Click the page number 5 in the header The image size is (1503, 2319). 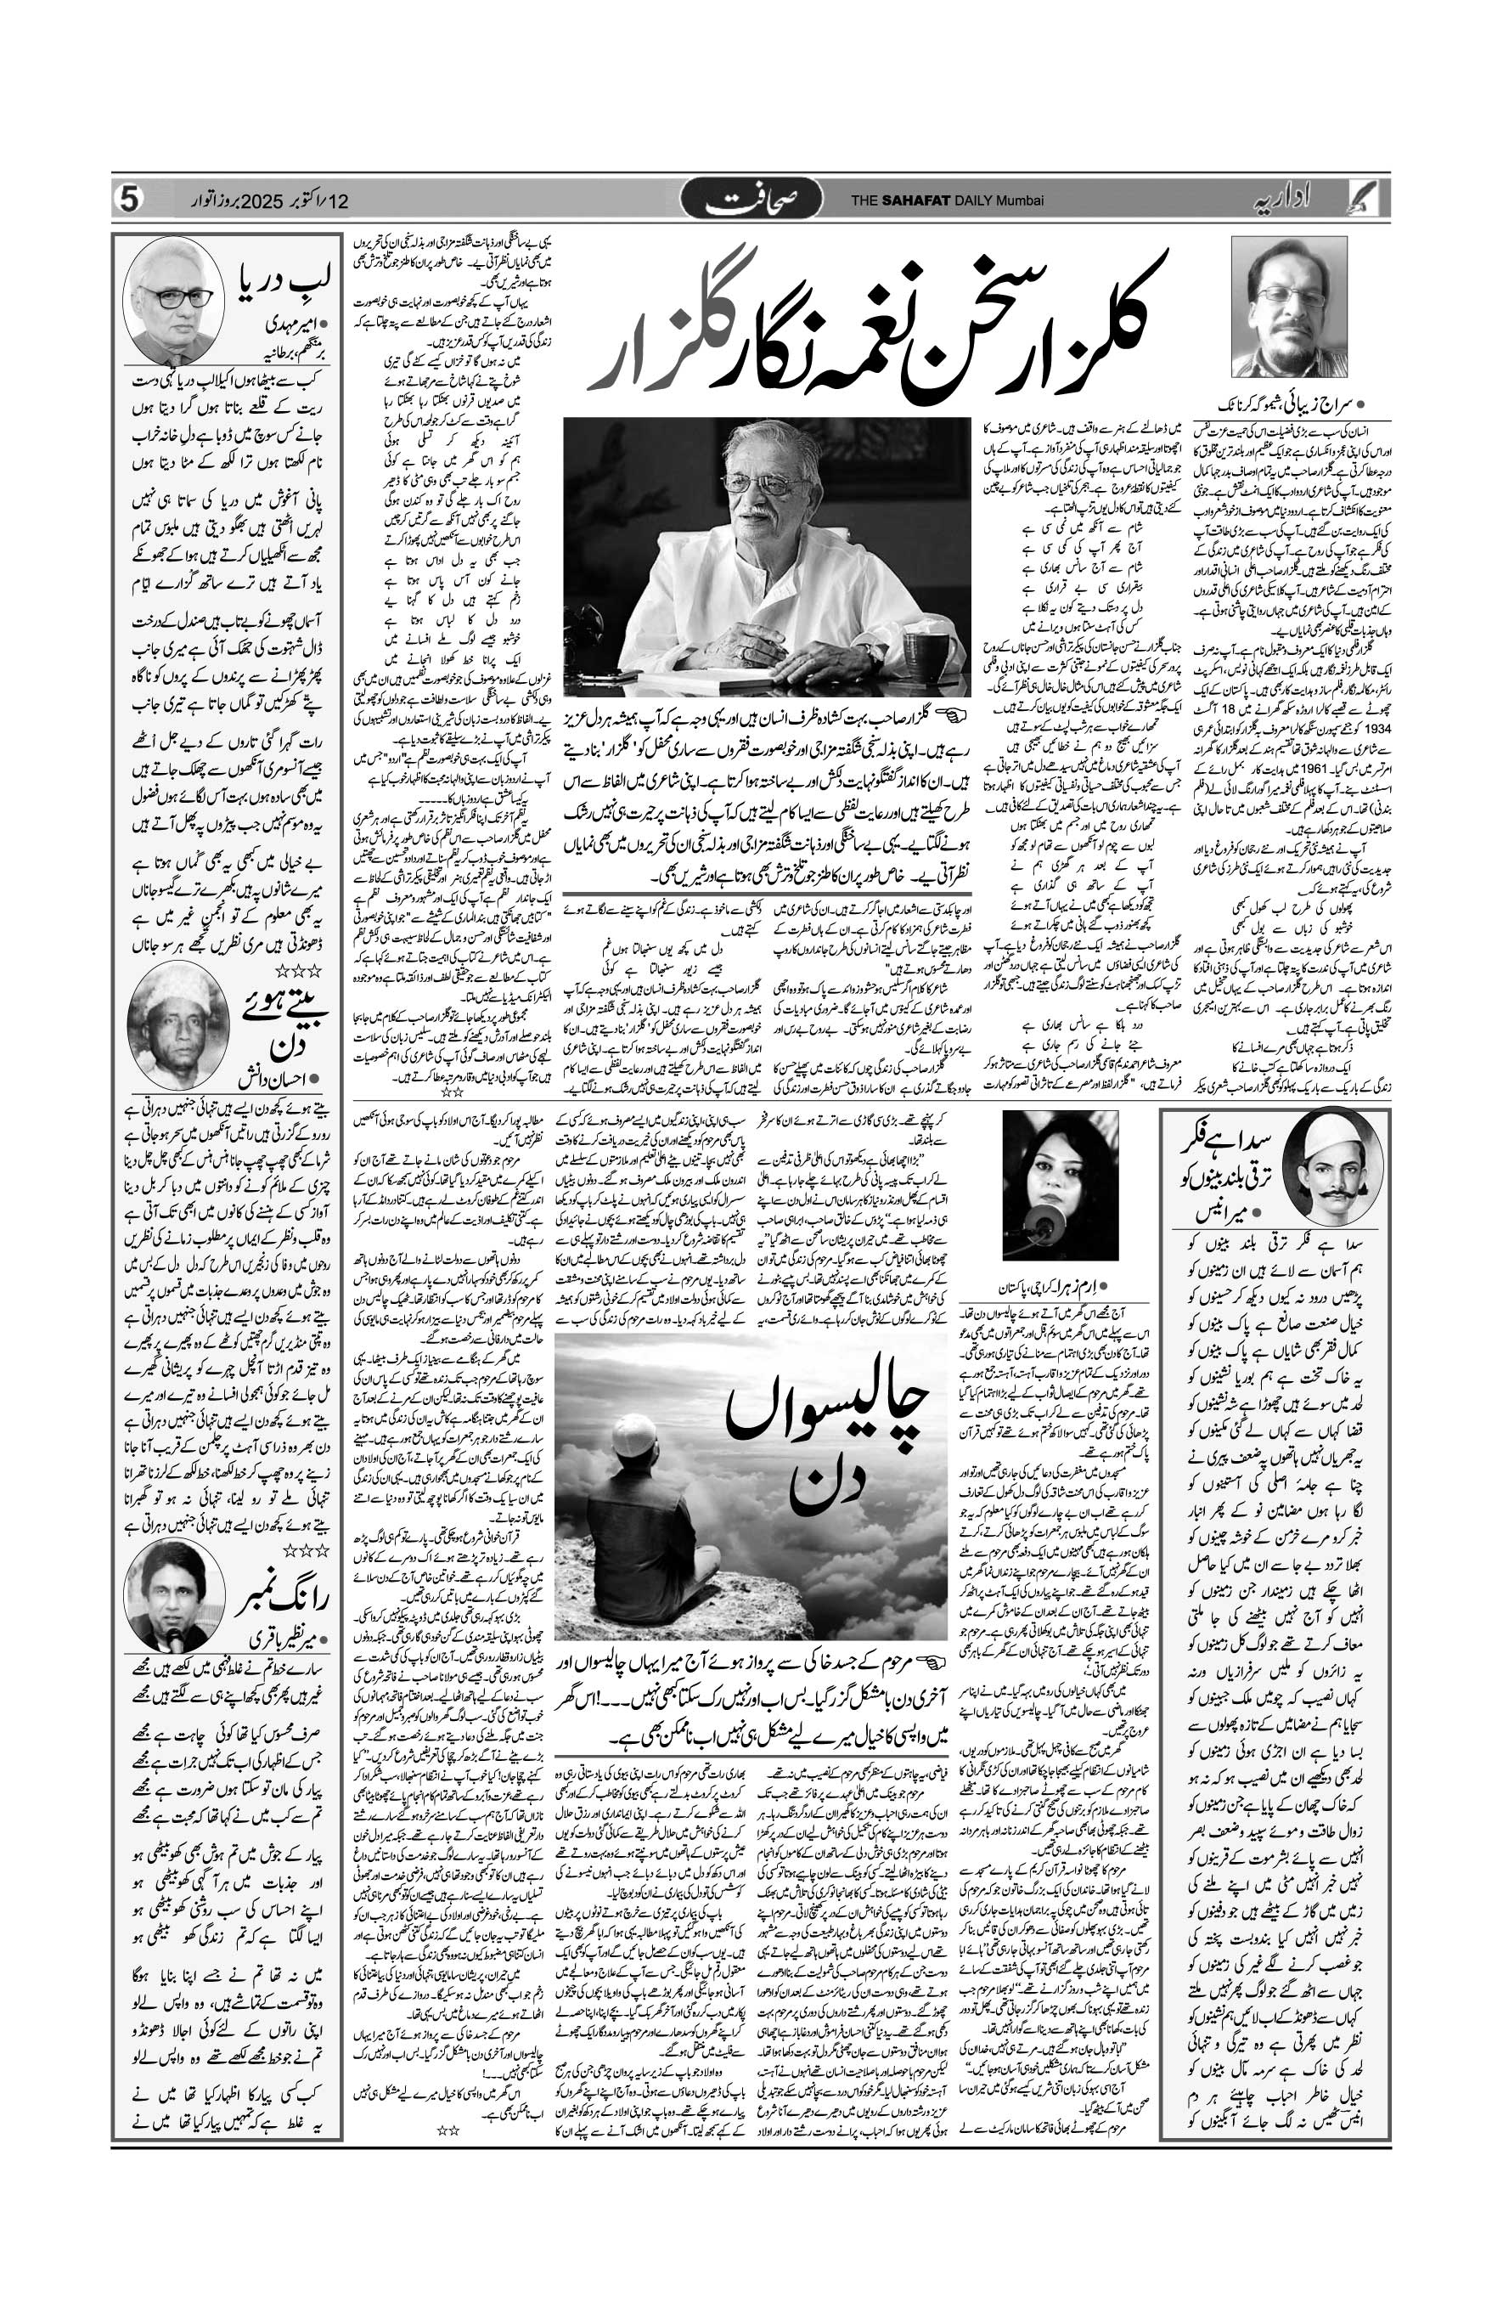click(x=130, y=200)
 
